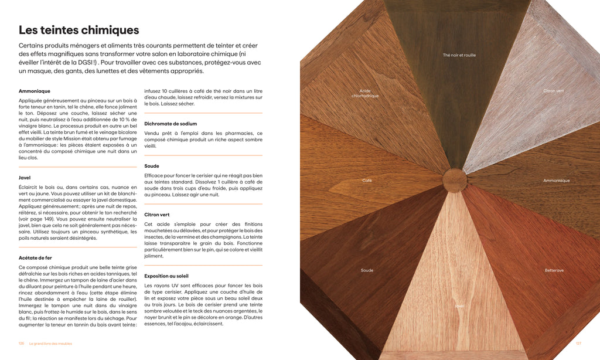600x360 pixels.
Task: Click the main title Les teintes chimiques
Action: [79, 30]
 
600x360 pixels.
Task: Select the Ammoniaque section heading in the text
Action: [35, 91]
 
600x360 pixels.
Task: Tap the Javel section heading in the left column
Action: [25, 178]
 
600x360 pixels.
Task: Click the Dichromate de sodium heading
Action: [171, 124]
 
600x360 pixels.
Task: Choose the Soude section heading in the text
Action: [152, 166]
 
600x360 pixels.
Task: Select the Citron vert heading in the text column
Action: [157, 215]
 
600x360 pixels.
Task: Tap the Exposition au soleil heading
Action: [166, 276]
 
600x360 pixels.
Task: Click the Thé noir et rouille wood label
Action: [459, 55]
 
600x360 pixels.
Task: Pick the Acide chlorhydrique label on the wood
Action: [365, 93]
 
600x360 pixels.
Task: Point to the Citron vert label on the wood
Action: [553, 91]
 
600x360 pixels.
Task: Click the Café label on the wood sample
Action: [367, 181]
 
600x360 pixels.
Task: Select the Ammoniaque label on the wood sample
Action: [556, 181]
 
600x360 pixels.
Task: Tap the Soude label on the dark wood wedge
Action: [367, 270]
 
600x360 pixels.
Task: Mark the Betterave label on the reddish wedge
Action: [554, 270]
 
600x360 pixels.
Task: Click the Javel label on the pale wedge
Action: [459, 306]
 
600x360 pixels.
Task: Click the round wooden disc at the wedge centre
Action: [455, 180]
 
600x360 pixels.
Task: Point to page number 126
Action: [21, 344]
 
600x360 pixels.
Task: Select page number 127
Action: [578, 344]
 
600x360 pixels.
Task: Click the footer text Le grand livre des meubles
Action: [50, 344]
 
